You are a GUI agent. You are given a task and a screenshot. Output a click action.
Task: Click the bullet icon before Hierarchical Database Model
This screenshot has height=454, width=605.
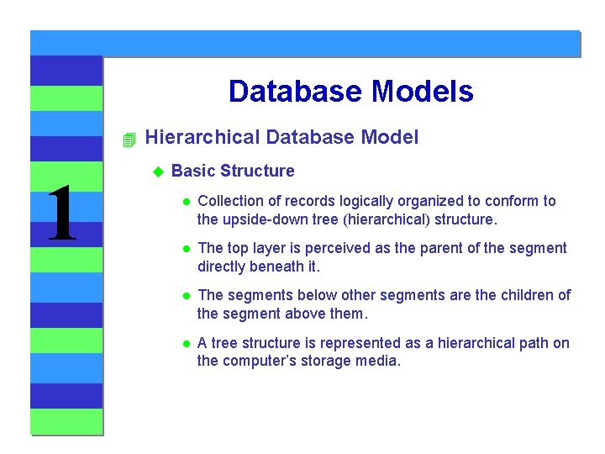128,139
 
